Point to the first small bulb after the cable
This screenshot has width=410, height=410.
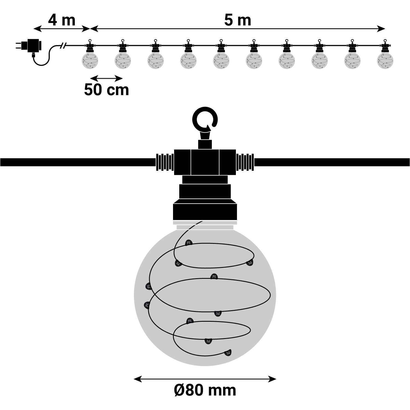click(x=90, y=60)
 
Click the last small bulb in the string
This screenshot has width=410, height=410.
click(x=385, y=60)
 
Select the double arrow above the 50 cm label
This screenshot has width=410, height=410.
click(x=106, y=79)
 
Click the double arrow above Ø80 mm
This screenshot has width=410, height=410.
click(x=205, y=379)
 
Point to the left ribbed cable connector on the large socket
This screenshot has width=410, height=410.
click(x=165, y=162)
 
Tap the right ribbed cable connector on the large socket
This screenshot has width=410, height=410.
click(x=245, y=162)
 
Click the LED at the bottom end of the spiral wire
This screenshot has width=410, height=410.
click(x=228, y=353)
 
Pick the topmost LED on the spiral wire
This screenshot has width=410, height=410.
click(x=188, y=242)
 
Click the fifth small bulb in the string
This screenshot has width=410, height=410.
click(x=221, y=60)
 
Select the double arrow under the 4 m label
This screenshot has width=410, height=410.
click(x=62, y=28)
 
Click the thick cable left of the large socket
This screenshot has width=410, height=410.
click(x=77, y=162)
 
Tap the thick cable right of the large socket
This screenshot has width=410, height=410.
click(x=331, y=162)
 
